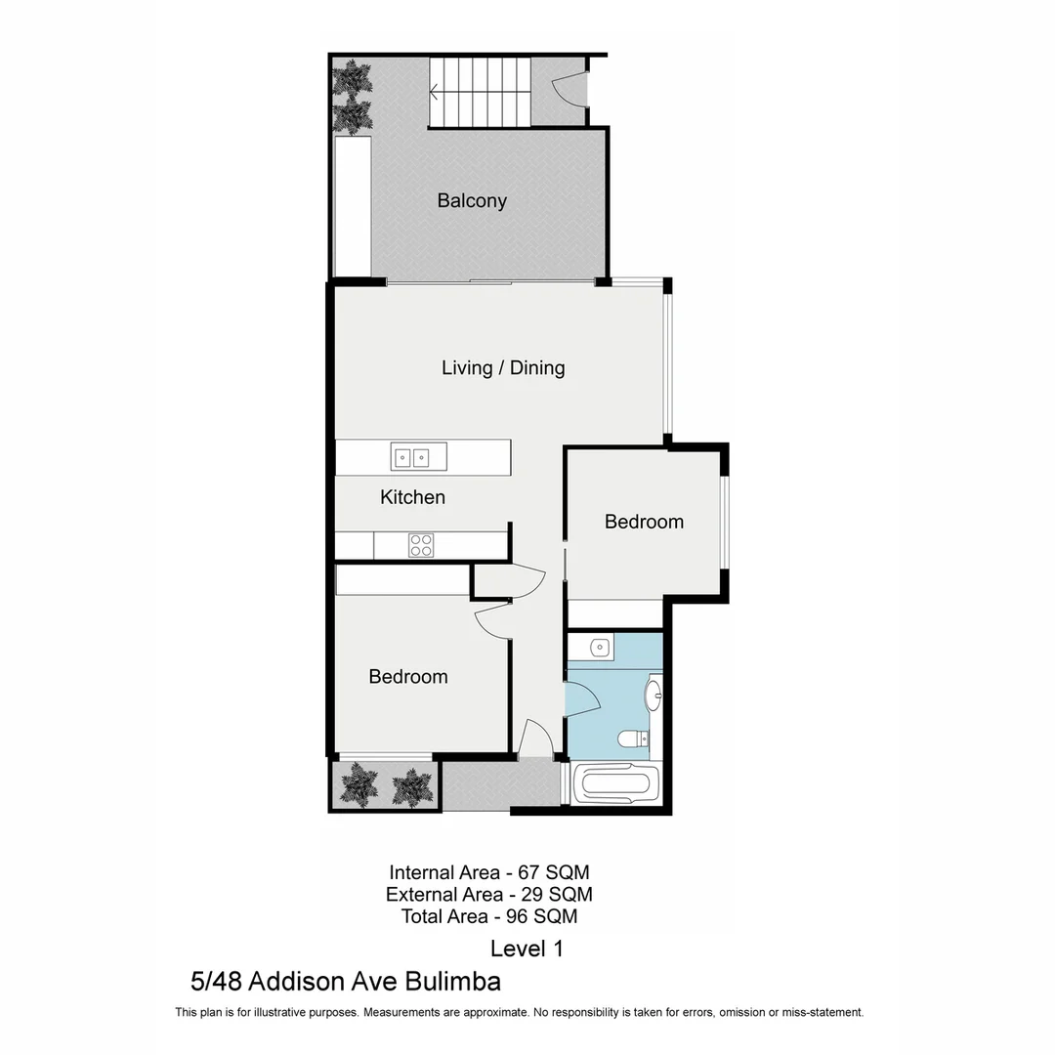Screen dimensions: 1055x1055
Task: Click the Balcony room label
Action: (x=472, y=201)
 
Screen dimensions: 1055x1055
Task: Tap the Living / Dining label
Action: (x=503, y=368)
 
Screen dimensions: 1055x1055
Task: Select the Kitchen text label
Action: (x=412, y=497)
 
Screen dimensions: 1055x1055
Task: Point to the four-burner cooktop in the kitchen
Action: (x=420, y=545)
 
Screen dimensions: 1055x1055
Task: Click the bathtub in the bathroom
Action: (x=615, y=783)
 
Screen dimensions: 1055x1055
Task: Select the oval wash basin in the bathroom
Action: (x=653, y=696)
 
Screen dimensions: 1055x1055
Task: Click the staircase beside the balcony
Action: (x=480, y=92)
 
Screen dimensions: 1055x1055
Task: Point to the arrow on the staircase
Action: (x=435, y=94)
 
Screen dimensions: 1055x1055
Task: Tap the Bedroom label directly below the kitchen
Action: (x=408, y=676)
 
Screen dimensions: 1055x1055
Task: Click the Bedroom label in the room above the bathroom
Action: (x=644, y=522)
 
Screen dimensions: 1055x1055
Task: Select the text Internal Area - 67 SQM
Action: (x=488, y=871)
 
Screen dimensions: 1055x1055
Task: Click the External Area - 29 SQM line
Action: (x=488, y=894)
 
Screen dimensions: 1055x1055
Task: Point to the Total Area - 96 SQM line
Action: (x=488, y=916)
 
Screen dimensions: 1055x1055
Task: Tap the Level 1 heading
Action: (x=527, y=948)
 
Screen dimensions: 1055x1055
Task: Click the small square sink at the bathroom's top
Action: (x=600, y=646)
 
